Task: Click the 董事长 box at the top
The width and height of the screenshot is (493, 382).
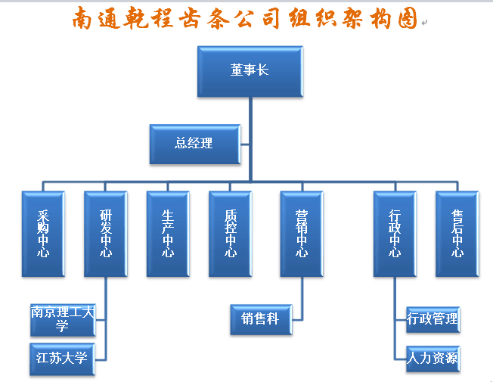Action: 250,71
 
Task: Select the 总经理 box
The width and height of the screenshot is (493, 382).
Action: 194,143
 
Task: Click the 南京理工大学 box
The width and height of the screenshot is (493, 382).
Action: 62,319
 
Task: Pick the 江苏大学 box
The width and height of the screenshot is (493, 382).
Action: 62,358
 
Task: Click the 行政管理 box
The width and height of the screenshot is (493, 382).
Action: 433,319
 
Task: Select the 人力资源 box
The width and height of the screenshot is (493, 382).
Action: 433,358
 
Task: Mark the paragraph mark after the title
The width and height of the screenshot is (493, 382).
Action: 423,24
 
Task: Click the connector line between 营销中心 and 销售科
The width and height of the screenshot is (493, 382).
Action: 302,299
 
